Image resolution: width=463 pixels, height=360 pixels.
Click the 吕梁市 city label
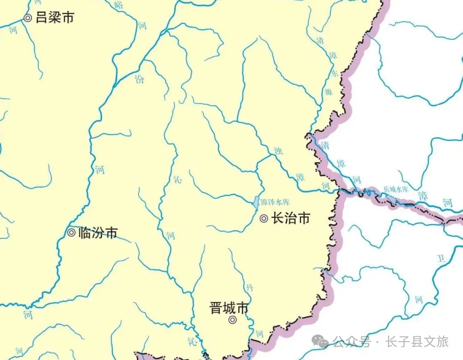(54, 18)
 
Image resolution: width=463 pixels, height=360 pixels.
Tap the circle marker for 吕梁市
(28, 18)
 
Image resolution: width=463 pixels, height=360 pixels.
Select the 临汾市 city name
(98, 233)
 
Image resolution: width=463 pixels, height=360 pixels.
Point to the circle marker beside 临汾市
(71, 233)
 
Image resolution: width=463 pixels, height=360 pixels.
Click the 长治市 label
(290, 219)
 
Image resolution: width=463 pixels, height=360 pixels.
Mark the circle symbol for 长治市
(264, 219)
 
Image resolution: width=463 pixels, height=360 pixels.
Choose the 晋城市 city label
(229, 308)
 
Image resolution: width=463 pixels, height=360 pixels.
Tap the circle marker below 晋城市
(232, 320)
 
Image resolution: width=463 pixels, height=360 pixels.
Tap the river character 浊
(277, 151)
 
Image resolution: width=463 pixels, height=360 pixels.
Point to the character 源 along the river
(333, 90)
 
